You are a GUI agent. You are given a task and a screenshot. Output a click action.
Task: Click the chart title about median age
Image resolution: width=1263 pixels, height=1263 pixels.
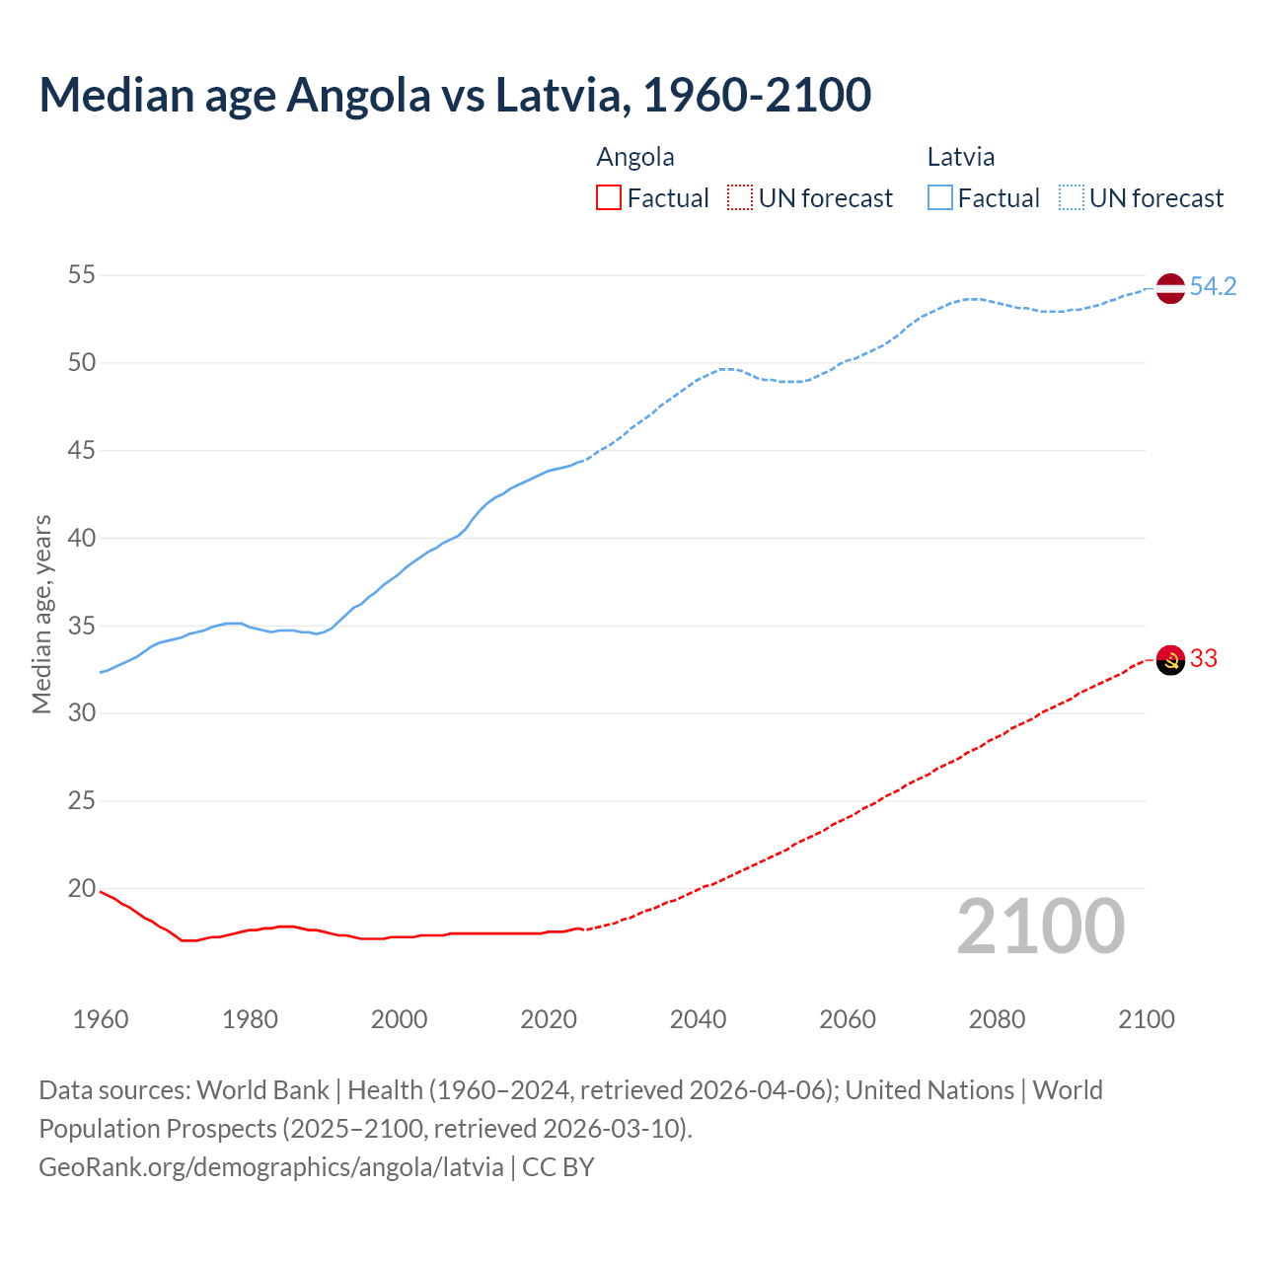point(455,95)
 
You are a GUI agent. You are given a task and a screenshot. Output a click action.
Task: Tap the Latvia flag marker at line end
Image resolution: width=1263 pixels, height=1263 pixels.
point(1170,288)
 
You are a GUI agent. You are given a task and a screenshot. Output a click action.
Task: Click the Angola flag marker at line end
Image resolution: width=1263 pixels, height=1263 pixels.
point(1170,659)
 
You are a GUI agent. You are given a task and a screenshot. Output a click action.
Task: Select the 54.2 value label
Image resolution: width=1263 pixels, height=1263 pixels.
point(1213,287)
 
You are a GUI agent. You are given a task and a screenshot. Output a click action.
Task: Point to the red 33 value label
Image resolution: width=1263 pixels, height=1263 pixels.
point(1204,658)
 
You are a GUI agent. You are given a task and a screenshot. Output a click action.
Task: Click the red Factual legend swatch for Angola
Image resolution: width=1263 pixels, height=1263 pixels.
point(609,198)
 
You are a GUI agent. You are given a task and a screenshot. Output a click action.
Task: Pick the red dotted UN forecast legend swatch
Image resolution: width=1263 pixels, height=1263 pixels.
point(740,198)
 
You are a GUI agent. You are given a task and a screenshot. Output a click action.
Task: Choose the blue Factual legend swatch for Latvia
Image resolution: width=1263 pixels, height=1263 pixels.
point(939,198)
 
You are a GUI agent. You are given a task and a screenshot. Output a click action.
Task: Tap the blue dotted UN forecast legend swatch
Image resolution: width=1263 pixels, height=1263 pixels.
point(1071,198)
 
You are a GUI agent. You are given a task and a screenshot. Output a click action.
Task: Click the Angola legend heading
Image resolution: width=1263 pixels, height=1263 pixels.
point(635,157)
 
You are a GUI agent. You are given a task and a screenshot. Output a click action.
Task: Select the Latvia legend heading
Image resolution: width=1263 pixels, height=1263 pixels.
point(960,157)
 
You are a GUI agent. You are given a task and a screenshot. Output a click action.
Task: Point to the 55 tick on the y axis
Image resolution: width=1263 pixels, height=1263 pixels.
point(82,275)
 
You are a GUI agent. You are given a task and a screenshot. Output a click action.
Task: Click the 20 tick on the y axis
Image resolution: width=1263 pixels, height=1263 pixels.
point(82,889)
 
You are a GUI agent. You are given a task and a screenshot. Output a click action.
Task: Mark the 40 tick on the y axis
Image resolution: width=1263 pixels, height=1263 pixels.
point(82,539)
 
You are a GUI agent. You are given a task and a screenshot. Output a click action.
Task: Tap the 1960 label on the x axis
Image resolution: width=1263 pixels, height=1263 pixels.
point(101,1019)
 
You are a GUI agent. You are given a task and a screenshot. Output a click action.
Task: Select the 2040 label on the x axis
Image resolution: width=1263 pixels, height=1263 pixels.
point(698,1019)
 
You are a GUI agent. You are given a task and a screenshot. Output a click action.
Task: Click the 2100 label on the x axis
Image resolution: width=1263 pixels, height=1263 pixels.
point(1147,1019)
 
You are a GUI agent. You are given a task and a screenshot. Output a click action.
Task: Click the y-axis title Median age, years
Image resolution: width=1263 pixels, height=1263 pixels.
point(41,614)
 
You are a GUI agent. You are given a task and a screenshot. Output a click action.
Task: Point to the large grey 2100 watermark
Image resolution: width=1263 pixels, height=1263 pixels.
point(1040,927)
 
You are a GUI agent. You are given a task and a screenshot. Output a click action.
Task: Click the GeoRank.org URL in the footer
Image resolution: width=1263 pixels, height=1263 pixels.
point(271,1167)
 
